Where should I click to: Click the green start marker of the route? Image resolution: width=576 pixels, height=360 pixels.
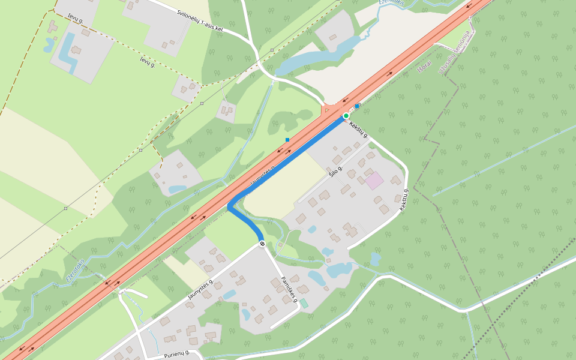(x=346, y=115)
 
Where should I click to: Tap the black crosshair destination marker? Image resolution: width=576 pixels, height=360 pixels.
(x=262, y=243)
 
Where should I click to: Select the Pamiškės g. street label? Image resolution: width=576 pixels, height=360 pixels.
(x=290, y=289)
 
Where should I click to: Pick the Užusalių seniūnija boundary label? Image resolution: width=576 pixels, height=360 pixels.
(x=454, y=52)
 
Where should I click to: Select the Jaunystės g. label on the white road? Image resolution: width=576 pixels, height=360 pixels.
(x=200, y=289)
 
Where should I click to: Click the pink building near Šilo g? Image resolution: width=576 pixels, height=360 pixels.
(x=374, y=181)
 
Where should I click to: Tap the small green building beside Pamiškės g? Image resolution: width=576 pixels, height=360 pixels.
(x=304, y=304)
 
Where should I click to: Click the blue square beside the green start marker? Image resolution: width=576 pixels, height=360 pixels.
(x=357, y=106)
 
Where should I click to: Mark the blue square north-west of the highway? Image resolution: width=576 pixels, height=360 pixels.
(x=287, y=140)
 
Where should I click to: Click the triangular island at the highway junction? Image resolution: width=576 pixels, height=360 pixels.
(x=326, y=110)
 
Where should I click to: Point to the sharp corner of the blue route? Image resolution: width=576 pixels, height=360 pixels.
(x=230, y=206)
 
